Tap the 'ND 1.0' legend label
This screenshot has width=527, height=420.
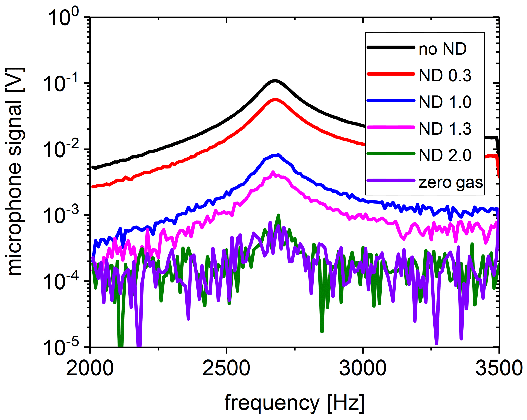point(445,102)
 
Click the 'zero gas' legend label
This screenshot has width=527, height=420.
point(451,182)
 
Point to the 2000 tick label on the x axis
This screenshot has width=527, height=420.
point(90,368)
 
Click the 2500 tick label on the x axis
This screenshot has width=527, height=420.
point(226,368)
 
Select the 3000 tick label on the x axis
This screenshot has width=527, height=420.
point(363,368)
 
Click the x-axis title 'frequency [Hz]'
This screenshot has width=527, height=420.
point(294,403)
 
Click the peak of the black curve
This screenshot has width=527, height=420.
point(275,81)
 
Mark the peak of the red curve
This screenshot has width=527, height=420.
point(275,100)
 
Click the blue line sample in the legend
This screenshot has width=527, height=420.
point(391,101)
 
